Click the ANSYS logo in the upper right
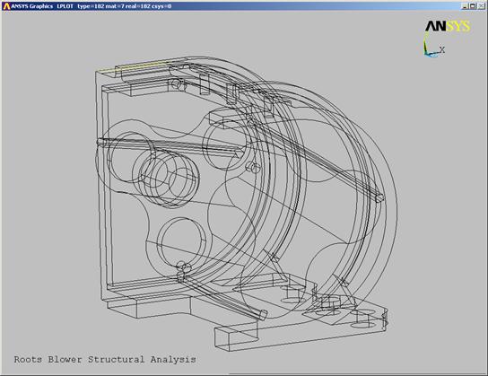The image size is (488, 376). [x=448, y=26]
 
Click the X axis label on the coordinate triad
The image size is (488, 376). [x=442, y=49]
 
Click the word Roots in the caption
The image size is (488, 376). [x=28, y=360]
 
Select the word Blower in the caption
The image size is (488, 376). [x=65, y=360]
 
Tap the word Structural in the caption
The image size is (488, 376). [x=116, y=360]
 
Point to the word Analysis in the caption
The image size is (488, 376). [x=173, y=360]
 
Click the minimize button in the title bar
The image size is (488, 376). [x=466, y=6]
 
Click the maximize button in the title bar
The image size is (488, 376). [x=473, y=6]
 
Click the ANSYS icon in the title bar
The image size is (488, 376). [x=6, y=6]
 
